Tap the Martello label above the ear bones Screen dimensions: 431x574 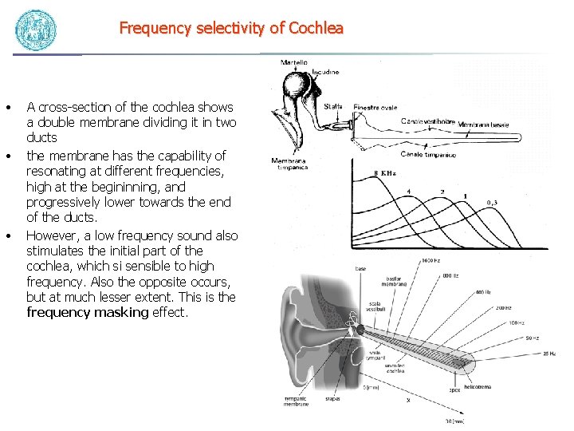pos(294,62)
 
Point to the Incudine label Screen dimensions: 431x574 pos(324,72)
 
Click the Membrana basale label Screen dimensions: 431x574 pos(483,125)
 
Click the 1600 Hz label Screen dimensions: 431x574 pos(431,261)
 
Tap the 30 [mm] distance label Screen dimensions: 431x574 pos(454,421)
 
